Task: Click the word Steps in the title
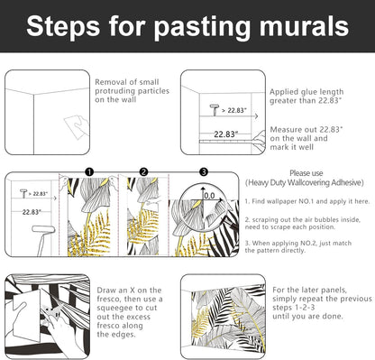click(63, 27)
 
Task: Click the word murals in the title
click(304, 26)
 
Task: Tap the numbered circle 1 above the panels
click(89, 172)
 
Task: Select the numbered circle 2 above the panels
click(144, 172)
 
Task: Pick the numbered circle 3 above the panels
click(204, 172)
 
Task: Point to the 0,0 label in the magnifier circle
click(209, 196)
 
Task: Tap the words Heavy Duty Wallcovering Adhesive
click(304, 182)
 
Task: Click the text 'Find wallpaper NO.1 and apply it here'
click(309, 201)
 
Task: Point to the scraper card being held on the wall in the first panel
click(77, 127)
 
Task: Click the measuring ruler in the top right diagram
click(228, 141)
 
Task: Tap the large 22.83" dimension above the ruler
click(226, 134)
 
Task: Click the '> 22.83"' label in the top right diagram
click(234, 110)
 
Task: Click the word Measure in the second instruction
click(286, 130)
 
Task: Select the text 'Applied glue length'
click(306, 92)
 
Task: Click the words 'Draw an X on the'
click(129, 291)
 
